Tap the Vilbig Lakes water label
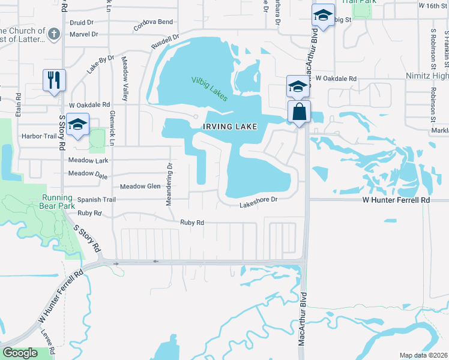pyautogui.click(x=209, y=88)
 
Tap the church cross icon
pyautogui.click(x=53, y=34)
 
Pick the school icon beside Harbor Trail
pyautogui.click(x=77, y=124)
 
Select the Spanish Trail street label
pyautogui.click(x=95, y=199)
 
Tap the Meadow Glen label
pyautogui.click(x=140, y=187)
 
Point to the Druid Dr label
pyautogui.click(x=83, y=22)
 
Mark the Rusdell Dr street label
pyautogui.click(x=165, y=41)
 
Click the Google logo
pyautogui.click(x=20, y=353)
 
